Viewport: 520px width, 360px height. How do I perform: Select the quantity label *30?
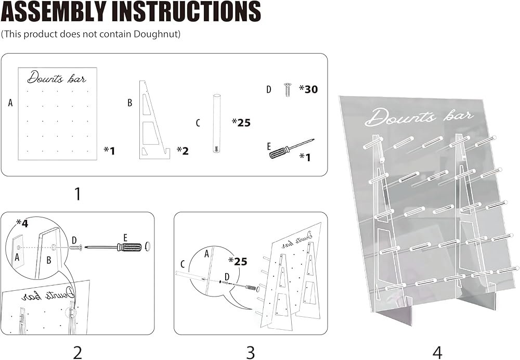(308, 89)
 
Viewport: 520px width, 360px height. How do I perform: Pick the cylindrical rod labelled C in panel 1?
(216, 123)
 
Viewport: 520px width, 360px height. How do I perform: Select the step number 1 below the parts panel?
(77, 195)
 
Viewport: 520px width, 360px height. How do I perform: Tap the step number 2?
(77, 353)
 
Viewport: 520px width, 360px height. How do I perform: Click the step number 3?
(251, 353)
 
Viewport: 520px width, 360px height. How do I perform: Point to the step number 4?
(437, 353)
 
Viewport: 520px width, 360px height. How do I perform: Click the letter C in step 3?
(183, 263)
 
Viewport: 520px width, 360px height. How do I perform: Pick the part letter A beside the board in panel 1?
(10, 103)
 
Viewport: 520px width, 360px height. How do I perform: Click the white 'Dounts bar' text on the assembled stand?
(419, 117)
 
